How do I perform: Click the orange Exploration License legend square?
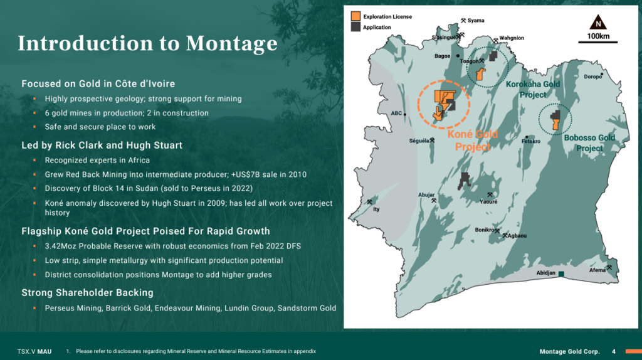pos(356,16)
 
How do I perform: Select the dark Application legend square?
pos(356,27)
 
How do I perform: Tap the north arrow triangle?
pos(598,22)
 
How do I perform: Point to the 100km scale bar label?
pos(598,36)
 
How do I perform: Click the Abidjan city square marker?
pos(561,273)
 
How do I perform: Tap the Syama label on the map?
pos(476,21)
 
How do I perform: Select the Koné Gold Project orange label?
pos(473,140)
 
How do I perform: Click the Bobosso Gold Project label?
pos(589,143)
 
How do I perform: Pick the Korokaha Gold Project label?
pos(533,89)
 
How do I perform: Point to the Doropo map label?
pos(592,77)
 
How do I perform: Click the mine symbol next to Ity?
pos(369,202)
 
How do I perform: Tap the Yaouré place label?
pos(488,201)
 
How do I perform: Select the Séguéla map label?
pos(419,141)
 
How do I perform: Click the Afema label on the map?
pos(597,270)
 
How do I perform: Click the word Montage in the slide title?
pos(232,43)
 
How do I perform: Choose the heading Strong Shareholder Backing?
pos(88,293)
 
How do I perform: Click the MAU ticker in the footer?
pos(45,351)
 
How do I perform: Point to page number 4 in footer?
pos(614,351)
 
